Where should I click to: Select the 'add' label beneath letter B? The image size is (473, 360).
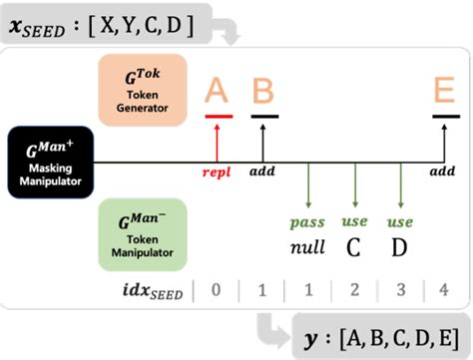[x=263, y=172]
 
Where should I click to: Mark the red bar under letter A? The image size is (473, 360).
[x=219, y=116]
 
